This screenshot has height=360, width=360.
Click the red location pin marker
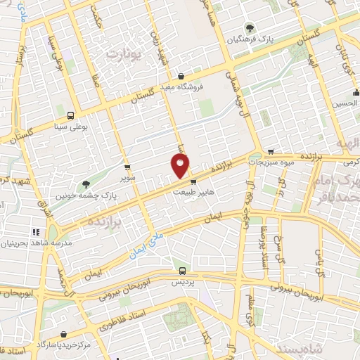pyautogui.click(x=180, y=166)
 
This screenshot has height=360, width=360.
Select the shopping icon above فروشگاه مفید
pyautogui.click(x=181, y=76)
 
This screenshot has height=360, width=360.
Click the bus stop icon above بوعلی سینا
pyautogui.click(x=70, y=115)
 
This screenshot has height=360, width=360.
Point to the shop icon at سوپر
pyautogui.click(x=127, y=167)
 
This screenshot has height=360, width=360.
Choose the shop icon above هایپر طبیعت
pyautogui.click(x=193, y=179)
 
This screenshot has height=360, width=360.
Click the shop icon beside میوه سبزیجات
pyautogui.click(x=271, y=150)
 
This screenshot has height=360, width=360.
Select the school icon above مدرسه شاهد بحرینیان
pyautogui.click(x=36, y=232)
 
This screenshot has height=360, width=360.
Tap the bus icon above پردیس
pyautogui.click(x=182, y=271)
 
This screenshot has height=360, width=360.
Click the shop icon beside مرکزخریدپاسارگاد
pyautogui.click(x=64, y=335)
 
